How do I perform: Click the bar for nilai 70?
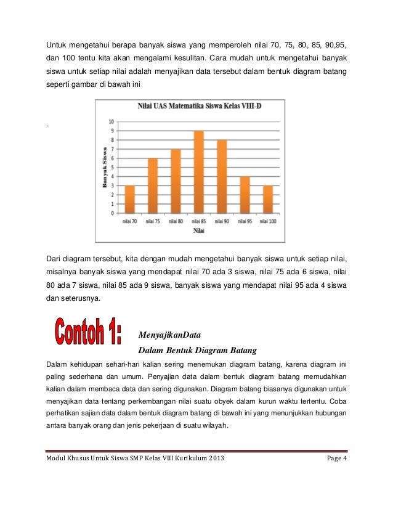click(129, 199)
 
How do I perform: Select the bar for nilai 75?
click(152, 185)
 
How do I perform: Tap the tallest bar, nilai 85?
click(198, 172)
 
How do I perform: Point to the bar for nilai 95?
click(245, 195)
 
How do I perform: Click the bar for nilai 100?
click(267, 199)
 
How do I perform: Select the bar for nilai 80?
click(176, 181)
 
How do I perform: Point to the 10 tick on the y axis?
click(111, 121)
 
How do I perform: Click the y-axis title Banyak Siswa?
click(105, 167)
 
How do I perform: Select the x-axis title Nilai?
click(198, 231)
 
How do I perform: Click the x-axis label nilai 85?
click(198, 221)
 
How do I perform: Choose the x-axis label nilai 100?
click(267, 221)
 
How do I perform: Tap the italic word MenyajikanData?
click(171, 335)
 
